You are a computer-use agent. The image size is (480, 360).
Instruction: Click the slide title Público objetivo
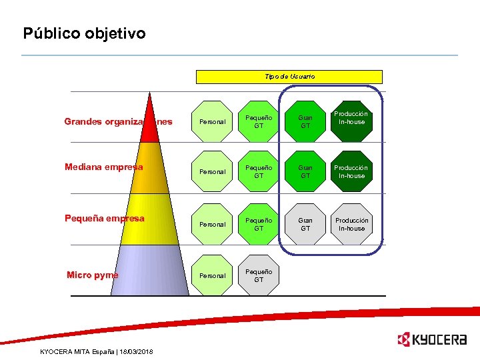(84, 33)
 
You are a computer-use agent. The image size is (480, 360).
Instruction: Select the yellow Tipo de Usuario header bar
(289, 77)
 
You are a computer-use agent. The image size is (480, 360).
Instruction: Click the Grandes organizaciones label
(118, 122)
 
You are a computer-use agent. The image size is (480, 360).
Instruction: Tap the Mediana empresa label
(103, 167)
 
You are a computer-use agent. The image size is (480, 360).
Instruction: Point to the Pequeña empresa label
(104, 218)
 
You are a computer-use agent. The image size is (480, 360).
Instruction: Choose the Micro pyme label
(92, 275)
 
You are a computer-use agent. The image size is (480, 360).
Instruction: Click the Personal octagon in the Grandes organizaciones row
(213, 122)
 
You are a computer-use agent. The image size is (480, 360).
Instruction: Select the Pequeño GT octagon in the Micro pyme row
(259, 275)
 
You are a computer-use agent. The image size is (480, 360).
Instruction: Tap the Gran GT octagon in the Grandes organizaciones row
(305, 121)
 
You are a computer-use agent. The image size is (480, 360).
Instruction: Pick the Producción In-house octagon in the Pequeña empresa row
(351, 224)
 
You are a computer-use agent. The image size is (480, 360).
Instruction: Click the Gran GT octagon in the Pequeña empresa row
(305, 224)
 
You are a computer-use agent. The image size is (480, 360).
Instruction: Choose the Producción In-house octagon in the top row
(351, 118)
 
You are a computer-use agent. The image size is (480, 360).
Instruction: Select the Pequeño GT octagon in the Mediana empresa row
(259, 171)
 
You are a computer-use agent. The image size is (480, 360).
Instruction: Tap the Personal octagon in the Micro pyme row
(213, 275)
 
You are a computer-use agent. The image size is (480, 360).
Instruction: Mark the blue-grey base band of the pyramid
(150, 270)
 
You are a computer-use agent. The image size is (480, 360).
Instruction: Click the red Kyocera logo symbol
(403, 340)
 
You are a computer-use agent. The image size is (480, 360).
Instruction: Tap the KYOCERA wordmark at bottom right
(439, 340)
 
